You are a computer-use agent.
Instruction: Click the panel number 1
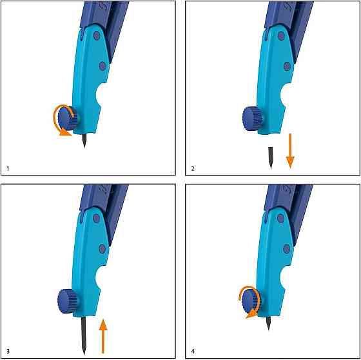pyautogui.click(x=8, y=168)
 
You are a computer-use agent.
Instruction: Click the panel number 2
pyautogui.click(x=193, y=168)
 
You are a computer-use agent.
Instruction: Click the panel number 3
pyautogui.click(x=8, y=352)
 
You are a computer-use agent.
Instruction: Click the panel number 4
pyautogui.click(x=193, y=352)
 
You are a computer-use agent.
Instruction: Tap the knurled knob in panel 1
pyautogui.click(x=67, y=118)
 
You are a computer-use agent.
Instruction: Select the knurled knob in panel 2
pyautogui.click(x=253, y=119)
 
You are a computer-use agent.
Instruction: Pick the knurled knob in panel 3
pyautogui.click(x=68, y=301)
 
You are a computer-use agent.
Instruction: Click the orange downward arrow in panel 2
pyautogui.click(x=290, y=151)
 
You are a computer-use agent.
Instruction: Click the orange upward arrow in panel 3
pyautogui.click(x=103, y=336)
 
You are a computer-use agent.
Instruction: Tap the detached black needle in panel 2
pyautogui.click(x=271, y=158)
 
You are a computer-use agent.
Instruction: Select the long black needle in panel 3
pyautogui.click(x=84, y=335)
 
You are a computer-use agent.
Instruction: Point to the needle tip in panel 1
pyautogui.click(x=84, y=148)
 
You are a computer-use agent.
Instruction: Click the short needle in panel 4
pyautogui.click(x=268, y=323)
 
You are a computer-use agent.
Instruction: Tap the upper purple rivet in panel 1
pyautogui.click(x=97, y=35)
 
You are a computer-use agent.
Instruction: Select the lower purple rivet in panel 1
pyautogui.click(x=102, y=66)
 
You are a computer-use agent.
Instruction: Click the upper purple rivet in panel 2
pyautogui.click(x=281, y=35)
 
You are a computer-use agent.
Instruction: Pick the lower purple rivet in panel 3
pyautogui.click(x=102, y=249)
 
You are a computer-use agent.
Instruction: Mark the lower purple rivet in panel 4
pyautogui.click(x=287, y=249)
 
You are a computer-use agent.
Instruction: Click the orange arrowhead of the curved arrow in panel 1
pyautogui.click(x=66, y=133)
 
